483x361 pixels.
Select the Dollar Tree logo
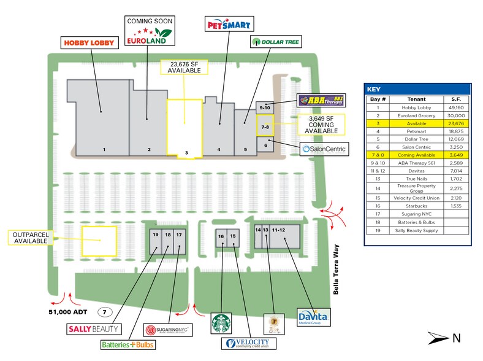click(x=276, y=42)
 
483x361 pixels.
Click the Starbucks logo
click(x=221, y=324)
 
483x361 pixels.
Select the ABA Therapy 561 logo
click(x=320, y=100)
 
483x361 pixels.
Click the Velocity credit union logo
click(x=248, y=344)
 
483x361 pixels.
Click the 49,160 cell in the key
click(x=456, y=107)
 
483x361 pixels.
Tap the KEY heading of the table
click(x=376, y=88)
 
